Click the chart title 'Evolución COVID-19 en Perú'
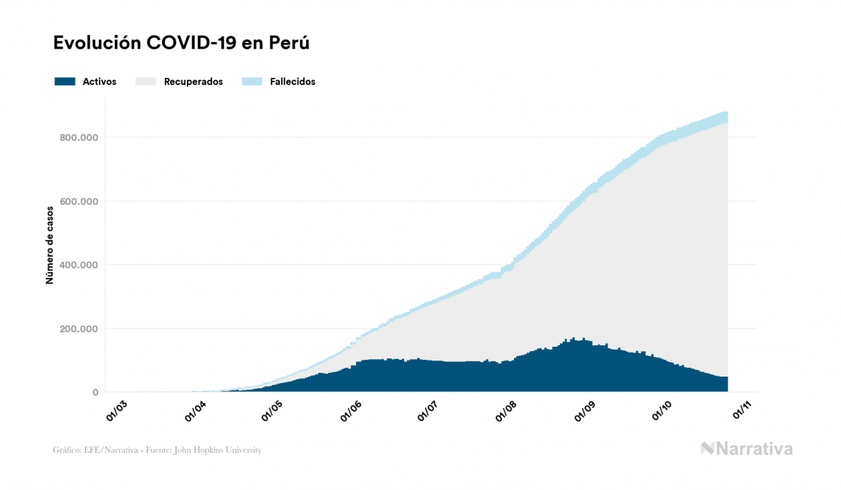(x=182, y=43)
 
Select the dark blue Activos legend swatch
(x=65, y=81)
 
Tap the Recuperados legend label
(x=193, y=81)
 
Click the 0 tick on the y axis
(x=95, y=393)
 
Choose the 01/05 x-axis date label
(x=273, y=412)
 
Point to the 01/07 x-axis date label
(x=427, y=412)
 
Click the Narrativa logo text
(x=754, y=449)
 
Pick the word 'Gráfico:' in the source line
(x=66, y=450)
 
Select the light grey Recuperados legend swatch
(x=145, y=81)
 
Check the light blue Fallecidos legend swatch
(x=251, y=81)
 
